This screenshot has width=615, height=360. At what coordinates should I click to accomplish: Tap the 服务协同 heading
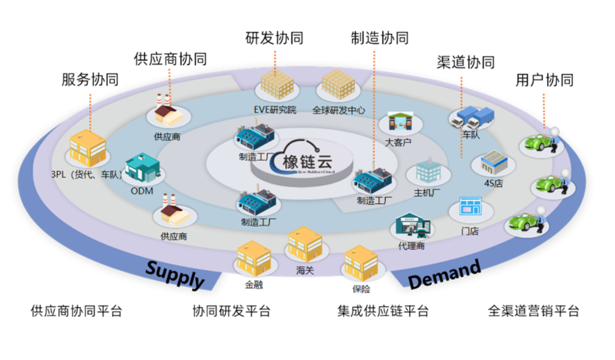point(90,80)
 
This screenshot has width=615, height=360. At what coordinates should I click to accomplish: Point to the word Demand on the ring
point(445,274)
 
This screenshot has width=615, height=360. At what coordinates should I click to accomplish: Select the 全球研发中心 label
point(338,110)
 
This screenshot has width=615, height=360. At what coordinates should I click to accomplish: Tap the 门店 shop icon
point(470,207)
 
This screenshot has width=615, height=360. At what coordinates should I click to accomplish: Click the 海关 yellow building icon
point(304,244)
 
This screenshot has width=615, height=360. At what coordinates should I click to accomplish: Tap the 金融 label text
point(253,285)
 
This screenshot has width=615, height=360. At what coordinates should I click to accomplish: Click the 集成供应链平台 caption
point(383,311)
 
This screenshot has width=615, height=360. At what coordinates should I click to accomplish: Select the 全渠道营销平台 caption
point(533,311)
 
